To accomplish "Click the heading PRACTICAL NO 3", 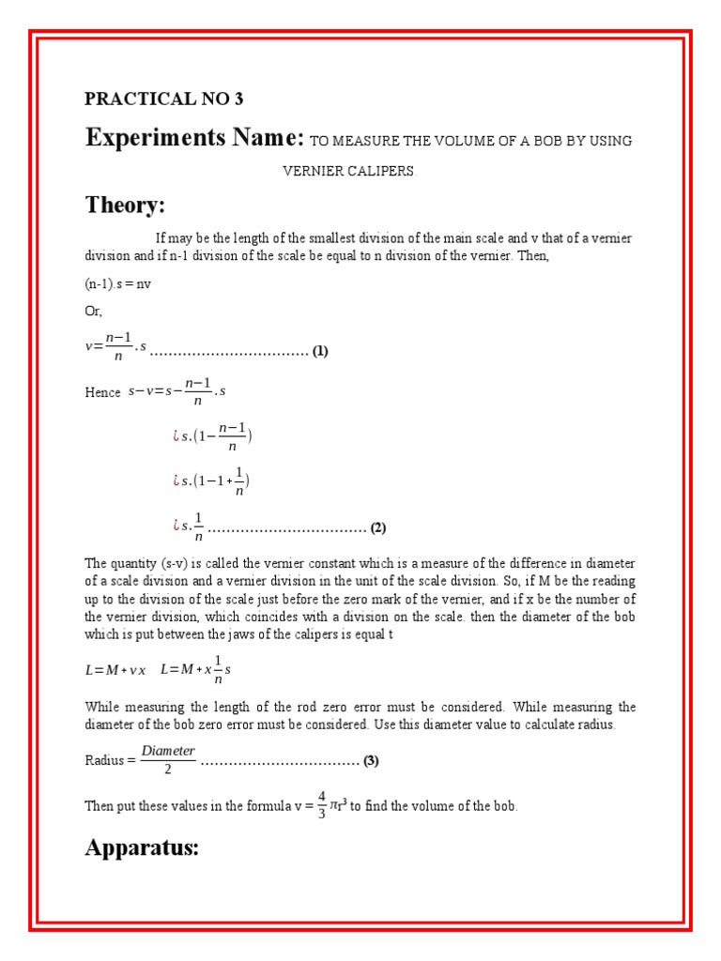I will pyautogui.click(x=163, y=99).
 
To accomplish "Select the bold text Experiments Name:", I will pyautogui.click(x=194, y=138).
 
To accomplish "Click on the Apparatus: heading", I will pyautogui.click(x=142, y=847).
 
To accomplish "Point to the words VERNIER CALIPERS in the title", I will pyautogui.click(x=348, y=172).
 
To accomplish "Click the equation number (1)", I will pyautogui.click(x=321, y=351).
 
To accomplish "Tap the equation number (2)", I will pyautogui.click(x=378, y=527).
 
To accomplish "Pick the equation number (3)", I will pyautogui.click(x=371, y=760).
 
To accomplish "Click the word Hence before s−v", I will pyautogui.click(x=102, y=393).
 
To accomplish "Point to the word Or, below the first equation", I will pyautogui.click(x=94, y=311).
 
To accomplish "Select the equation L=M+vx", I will pyautogui.click(x=115, y=670).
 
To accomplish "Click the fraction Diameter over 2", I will pyautogui.click(x=168, y=759).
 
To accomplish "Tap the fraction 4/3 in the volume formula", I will pyautogui.click(x=322, y=805).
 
